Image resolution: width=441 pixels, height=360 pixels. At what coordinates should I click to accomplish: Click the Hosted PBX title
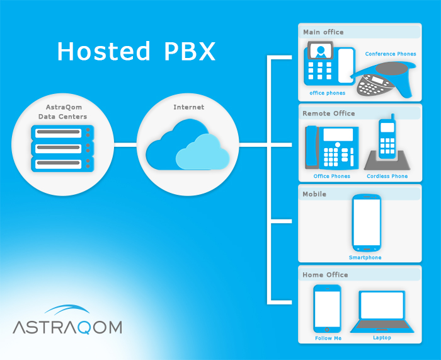click(136, 51)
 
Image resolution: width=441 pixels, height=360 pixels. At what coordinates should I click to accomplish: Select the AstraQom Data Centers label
click(62, 112)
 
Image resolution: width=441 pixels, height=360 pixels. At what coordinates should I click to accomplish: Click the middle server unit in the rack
click(62, 148)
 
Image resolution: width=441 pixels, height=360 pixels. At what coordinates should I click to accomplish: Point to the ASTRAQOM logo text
click(67, 327)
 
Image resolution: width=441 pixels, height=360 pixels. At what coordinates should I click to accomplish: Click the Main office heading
click(323, 32)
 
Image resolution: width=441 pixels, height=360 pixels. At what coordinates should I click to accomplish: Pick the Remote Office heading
click(328, 113)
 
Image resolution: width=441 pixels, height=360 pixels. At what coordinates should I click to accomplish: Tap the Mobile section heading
click(314, 194)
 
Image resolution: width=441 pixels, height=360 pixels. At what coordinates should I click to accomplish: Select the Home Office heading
click(325, 275)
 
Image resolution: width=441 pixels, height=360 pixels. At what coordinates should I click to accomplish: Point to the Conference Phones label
click(391, 54)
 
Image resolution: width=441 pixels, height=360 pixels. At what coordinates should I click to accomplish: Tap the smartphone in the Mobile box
click(366, 223)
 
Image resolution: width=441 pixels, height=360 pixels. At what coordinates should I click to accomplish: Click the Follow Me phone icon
click(328, 308)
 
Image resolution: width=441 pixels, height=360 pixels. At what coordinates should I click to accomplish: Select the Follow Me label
click(328, 339)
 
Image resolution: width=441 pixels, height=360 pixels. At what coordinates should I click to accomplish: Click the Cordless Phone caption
click(387, 177)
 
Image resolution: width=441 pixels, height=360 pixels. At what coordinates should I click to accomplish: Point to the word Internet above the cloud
click(188, 107)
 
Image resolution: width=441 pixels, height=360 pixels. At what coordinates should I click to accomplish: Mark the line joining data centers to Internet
click(125, 145)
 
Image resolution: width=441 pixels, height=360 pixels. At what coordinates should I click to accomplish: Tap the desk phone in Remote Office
click(332, 148)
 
